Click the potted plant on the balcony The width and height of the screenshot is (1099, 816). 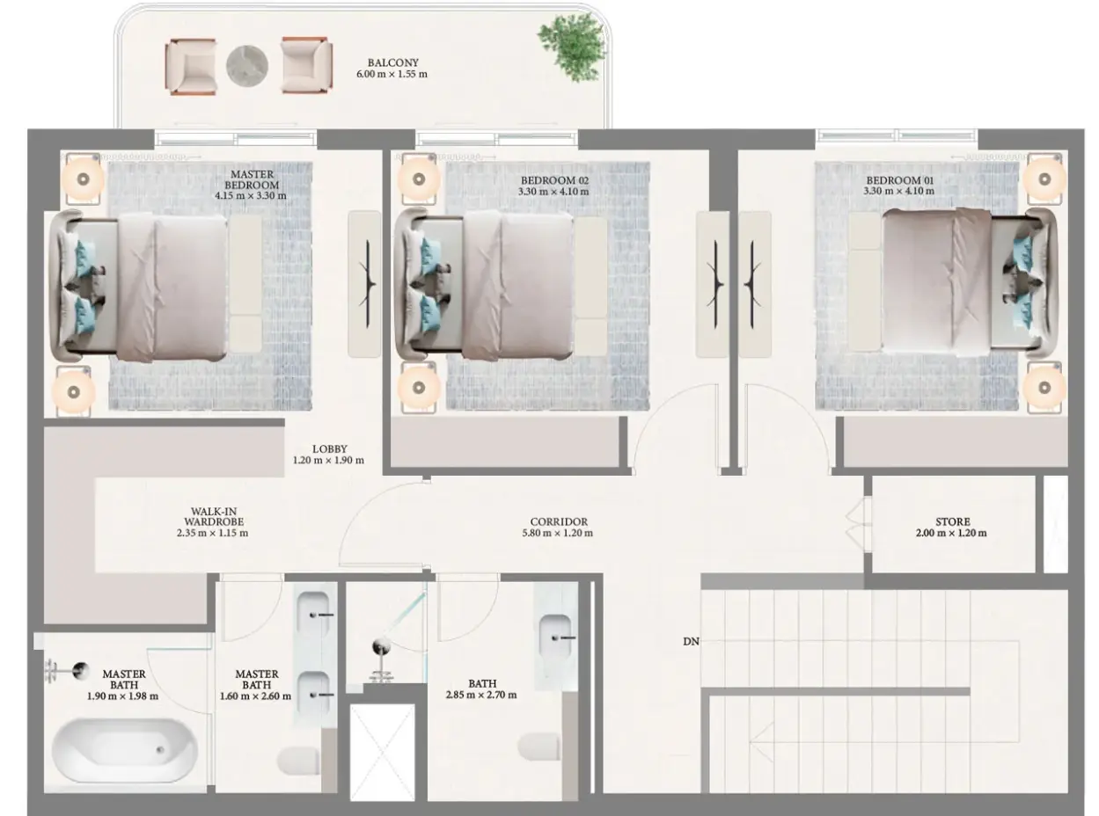[x=572, y=46]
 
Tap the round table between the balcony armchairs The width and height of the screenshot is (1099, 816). [x=247, y=66]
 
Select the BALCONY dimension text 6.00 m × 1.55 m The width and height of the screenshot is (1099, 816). [x=392, y=74]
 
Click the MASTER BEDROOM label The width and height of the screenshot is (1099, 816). [x=252, y=179]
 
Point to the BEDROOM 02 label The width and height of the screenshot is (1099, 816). [x=554, y=180]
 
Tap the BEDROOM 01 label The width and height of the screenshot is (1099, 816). [x=900, y=180]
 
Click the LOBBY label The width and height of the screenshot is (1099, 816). [x=329, y=448]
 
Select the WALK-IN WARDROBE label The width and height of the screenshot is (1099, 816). [x=214, y=516]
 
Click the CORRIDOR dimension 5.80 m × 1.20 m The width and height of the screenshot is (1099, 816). [x=558, y=533]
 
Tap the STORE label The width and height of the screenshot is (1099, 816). [x=953, y=522]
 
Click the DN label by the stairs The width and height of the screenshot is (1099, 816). [x=692, y=642]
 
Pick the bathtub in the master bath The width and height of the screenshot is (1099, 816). [x=125, y=751]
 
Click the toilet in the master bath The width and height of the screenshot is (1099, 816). [x=297, y=760]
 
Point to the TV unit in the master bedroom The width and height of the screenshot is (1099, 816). [x=364, y=284]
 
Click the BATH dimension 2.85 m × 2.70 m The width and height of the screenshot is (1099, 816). [x=481, y=696]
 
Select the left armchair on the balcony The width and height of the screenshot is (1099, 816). [x=191, y=67]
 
